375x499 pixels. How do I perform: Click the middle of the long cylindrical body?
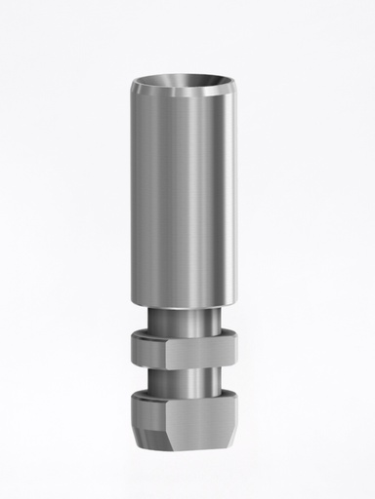pos(186,195)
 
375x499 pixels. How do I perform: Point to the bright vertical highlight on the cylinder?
pos(200,195)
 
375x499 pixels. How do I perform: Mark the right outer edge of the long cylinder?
pos(237,195)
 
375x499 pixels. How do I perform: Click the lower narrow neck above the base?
pos(186,378)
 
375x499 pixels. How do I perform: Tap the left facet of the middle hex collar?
pos(146,351)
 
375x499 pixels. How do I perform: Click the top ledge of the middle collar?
pos(186,334)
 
